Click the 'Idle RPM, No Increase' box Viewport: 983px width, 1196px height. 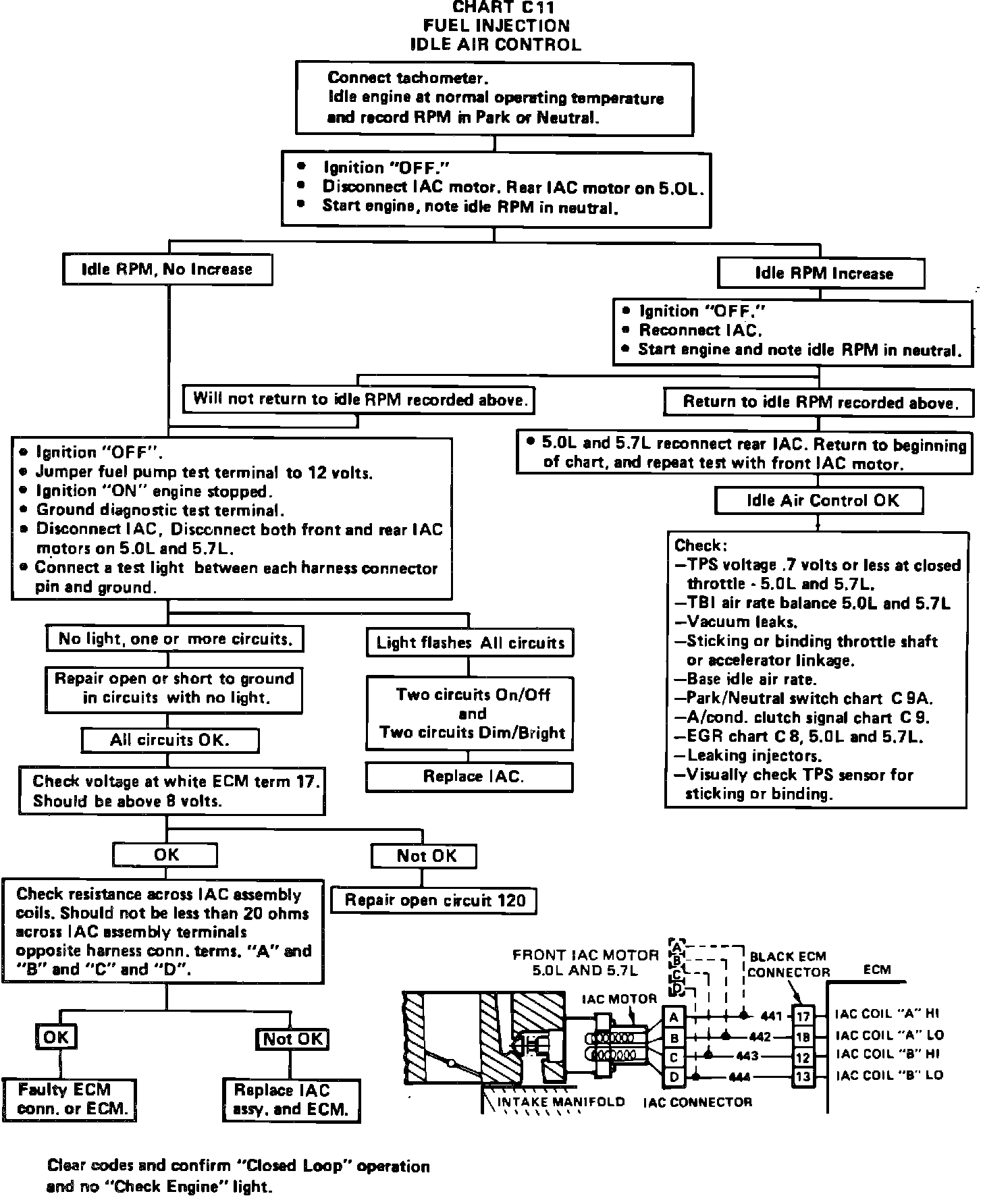tap(167, 269)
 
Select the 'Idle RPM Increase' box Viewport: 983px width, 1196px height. tap(821, 273)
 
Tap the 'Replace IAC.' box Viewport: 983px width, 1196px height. tap(469, 776)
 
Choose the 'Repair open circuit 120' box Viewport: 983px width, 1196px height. tap(434, 900)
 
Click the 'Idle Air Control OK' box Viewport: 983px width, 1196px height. tap(819, 500)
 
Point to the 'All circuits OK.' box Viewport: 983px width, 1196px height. tap(169, 740)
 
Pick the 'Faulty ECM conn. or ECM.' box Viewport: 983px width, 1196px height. tap(69, 1099)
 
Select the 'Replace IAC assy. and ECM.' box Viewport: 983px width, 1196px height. tap(291, 1100)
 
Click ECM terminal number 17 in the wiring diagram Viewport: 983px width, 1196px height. tap(802, 1016)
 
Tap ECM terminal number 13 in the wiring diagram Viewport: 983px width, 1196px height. tap(802, 1077)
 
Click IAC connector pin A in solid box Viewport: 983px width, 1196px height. tap(674, 1016)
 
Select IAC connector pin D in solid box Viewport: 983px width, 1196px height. tap(674, 1077)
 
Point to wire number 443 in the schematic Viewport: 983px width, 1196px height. tap(747, 1056)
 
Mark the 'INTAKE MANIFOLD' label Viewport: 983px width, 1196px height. tap(561, 1102)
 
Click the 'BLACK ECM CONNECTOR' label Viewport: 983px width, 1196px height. tap(788, 964)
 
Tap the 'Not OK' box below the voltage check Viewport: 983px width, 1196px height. tap(424, 856)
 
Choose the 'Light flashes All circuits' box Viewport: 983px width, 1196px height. tap(470, 643)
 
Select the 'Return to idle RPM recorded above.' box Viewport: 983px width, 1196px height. tap(820, 402)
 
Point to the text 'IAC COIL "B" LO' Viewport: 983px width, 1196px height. tap(889, 1075)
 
